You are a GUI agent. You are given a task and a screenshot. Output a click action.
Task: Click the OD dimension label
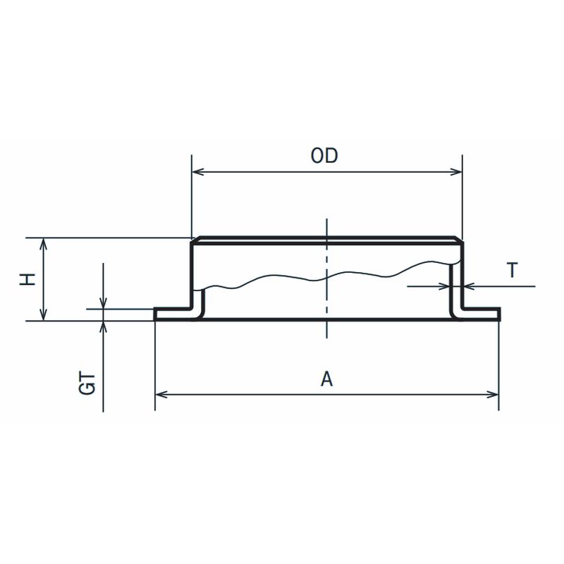point(324,156)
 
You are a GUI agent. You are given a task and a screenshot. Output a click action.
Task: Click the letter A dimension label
point(326,379)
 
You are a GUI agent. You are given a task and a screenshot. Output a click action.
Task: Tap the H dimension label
point(27,279)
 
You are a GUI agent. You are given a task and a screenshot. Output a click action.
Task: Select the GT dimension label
point(87,384)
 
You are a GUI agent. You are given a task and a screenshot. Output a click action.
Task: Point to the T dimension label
point(512,270)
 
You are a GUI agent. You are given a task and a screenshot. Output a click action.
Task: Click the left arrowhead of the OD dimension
point(198,171)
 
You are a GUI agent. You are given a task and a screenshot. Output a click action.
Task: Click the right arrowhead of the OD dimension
point(456,171)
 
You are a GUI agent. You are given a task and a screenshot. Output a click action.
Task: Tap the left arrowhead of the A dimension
point(161,395)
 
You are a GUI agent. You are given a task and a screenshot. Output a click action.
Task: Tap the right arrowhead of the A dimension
point(492,395)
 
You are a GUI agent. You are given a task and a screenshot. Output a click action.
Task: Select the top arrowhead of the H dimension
point(43,244)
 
